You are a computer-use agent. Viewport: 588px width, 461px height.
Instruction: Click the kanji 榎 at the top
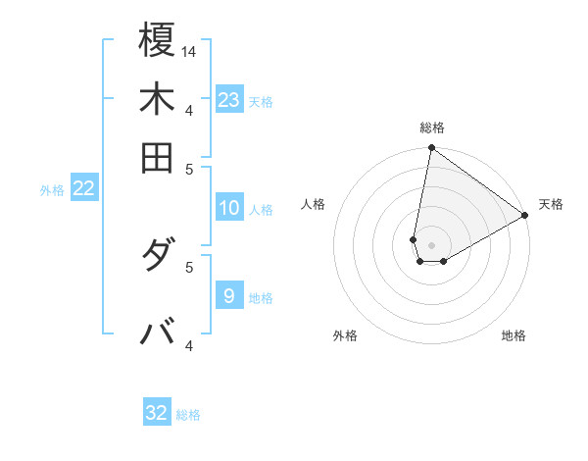coord(158,41)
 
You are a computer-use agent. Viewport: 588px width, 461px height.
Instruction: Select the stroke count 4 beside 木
coord(189,109)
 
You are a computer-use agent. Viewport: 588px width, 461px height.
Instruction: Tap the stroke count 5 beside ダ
coord(189,265)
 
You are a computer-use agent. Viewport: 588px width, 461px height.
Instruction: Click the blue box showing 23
coord(229,99)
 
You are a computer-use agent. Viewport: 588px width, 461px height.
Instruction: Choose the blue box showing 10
coord(229,208)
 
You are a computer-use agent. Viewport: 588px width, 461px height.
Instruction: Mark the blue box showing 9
coord(229,295)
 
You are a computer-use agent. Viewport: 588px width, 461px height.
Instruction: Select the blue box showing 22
coord(83,188)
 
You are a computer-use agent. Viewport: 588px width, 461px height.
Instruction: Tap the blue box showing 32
coord(157,413)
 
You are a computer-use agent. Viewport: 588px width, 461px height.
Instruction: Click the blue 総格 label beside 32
coord(188,415)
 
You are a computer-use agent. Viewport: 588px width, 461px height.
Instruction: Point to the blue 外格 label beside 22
coord(52,190)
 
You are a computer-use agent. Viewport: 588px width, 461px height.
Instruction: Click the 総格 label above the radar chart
coord(431,128)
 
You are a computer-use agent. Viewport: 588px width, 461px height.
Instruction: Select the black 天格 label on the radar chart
coord(551,204)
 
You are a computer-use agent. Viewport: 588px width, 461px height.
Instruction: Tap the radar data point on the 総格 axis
coord(431,149)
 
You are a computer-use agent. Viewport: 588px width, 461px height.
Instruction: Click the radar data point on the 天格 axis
coord(525,216)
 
